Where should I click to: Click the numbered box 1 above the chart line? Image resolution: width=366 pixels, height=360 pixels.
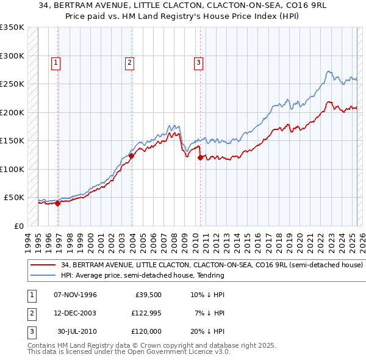click(56, 62)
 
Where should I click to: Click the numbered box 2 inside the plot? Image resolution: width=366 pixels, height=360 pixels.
click(130, 62)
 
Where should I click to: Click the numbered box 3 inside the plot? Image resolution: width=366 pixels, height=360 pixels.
click(199, 62)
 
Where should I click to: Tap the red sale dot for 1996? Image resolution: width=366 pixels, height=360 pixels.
click(58, 204)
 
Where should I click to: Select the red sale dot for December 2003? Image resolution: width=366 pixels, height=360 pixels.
click(131, 156)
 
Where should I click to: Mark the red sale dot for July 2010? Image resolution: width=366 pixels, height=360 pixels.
click(200, 157)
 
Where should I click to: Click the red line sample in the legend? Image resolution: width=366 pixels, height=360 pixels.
click(43, 265)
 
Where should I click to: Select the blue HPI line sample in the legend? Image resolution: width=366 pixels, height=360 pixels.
click(43, 275)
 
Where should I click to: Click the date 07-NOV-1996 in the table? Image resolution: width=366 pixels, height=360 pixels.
click(76, 295)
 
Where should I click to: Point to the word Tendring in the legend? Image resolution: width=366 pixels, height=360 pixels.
click(209, 275)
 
